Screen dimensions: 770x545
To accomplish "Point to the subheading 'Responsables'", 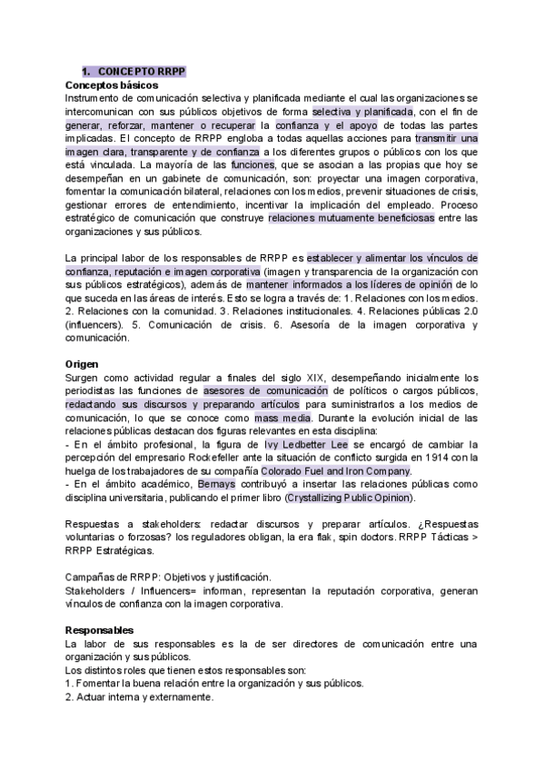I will point(99,629).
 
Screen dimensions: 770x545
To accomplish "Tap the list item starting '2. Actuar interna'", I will point(139,696).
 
